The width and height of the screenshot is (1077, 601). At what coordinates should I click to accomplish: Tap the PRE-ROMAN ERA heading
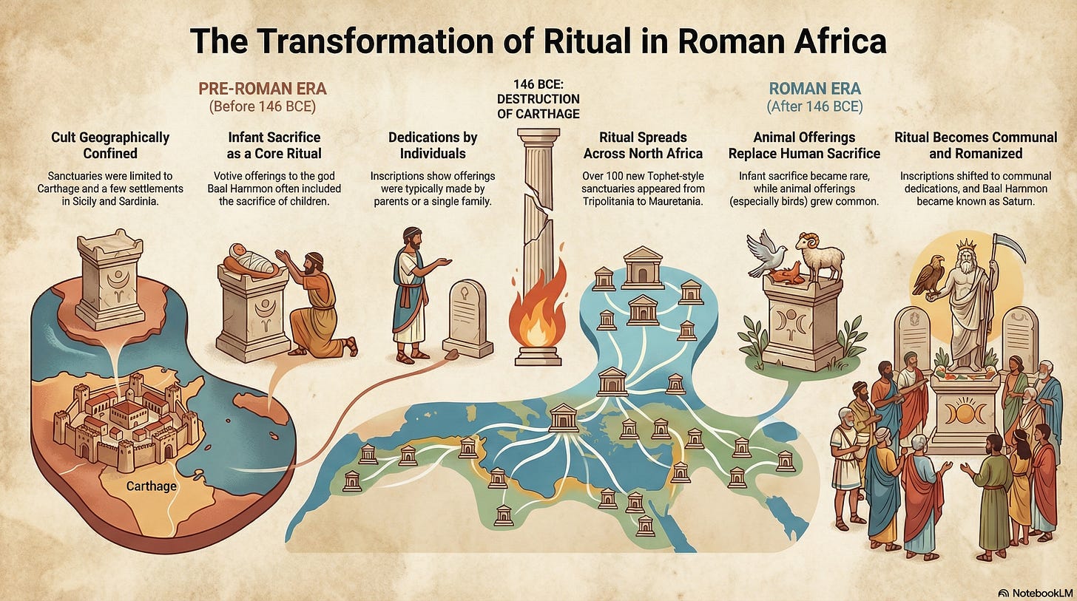pos(263,89)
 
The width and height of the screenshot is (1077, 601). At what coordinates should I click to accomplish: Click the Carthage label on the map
pos(151,486)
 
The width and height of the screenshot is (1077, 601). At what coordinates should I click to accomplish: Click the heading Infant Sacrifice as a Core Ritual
pos(274,145)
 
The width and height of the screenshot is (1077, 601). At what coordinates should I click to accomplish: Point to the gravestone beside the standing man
pos(467,318)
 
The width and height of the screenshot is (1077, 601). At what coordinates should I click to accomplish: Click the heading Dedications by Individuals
pos(433,145)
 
